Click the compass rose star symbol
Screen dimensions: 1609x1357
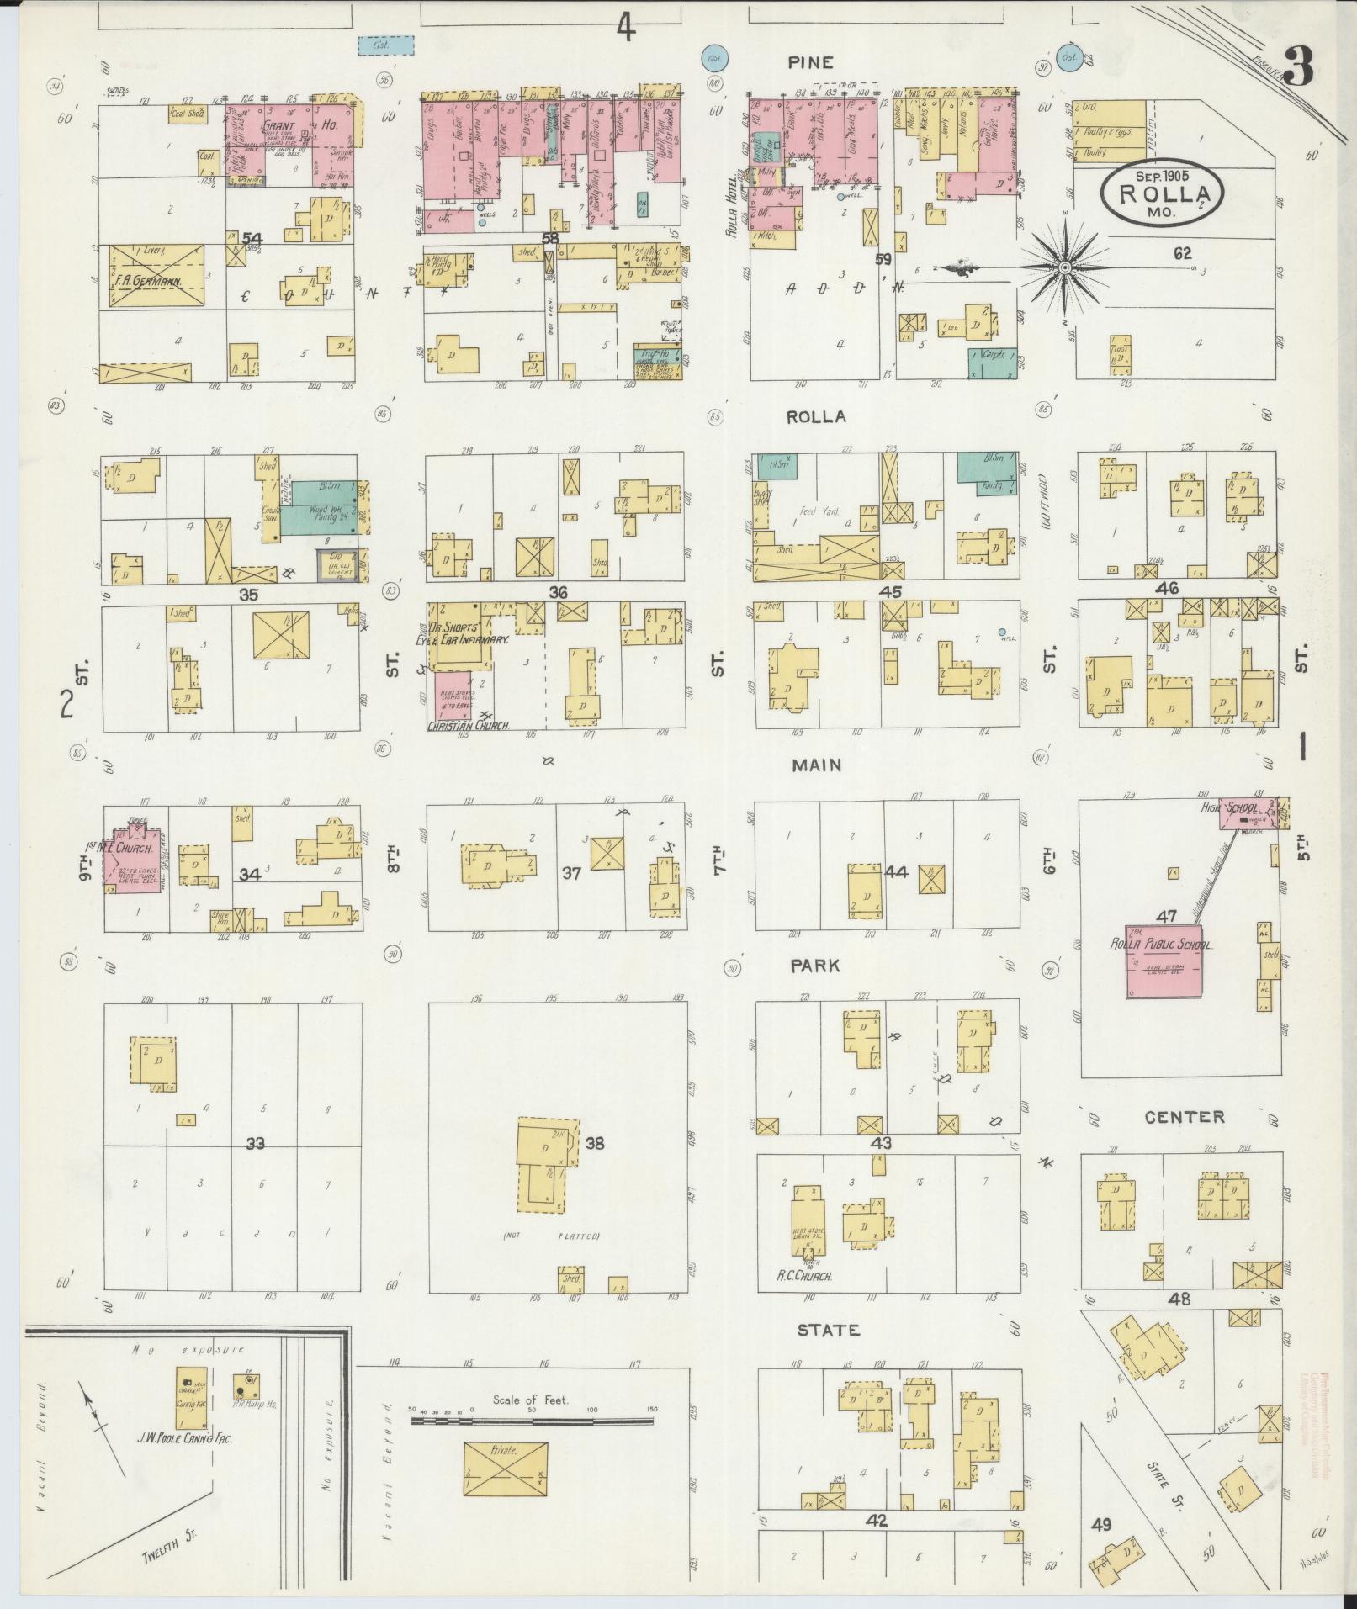tap(1064, 267)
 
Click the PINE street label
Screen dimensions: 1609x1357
tap(810, 62)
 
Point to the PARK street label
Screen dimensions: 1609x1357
tap(814, 966)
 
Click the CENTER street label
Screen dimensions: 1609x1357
tap(1184, 1117)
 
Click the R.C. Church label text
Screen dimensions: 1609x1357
tap(803, 1299)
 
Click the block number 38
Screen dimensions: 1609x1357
tap(595, 1144)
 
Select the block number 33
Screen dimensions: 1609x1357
tap(255, 1144)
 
